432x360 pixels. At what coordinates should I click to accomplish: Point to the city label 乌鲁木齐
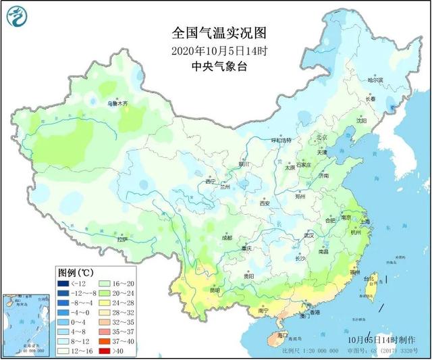point(117,104)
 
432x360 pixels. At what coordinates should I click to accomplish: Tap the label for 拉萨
point(122,239)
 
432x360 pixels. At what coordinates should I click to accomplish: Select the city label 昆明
point(215,290)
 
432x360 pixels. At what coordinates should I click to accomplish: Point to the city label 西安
point(264,203)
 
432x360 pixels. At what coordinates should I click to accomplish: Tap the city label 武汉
point(310,236)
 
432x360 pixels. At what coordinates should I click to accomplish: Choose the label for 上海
point(365,221)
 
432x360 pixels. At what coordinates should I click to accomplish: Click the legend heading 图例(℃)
point(75,272)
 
